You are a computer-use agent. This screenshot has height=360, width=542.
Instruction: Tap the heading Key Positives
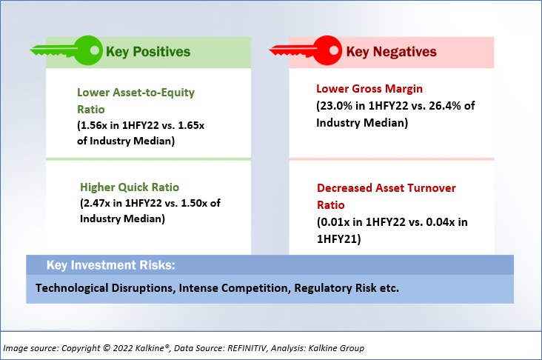click(148, 52)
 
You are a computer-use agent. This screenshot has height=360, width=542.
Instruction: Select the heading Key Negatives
click(391, 52)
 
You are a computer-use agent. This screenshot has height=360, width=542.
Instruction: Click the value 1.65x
click(191, 125)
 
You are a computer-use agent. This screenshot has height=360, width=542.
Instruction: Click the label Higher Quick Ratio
click(130, 187)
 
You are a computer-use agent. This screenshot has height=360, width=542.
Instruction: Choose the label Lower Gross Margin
click(369, 89)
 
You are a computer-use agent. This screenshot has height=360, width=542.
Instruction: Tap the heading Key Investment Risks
click(111, 265)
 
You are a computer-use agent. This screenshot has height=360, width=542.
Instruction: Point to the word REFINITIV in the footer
click(247, 348)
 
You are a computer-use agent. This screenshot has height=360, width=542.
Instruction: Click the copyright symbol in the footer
click(107, 348)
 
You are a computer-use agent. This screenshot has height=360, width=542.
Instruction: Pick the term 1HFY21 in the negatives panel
click(338, 239)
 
